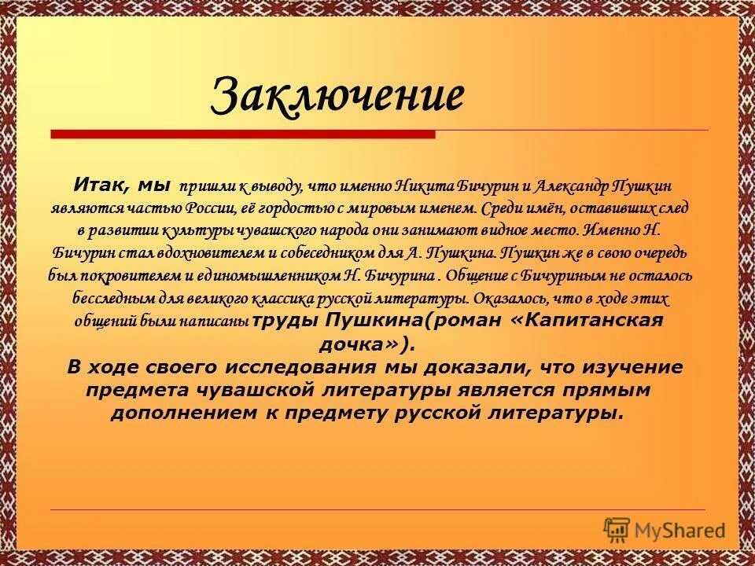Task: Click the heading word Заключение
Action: click(338, 97)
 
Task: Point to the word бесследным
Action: click(112, 300)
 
